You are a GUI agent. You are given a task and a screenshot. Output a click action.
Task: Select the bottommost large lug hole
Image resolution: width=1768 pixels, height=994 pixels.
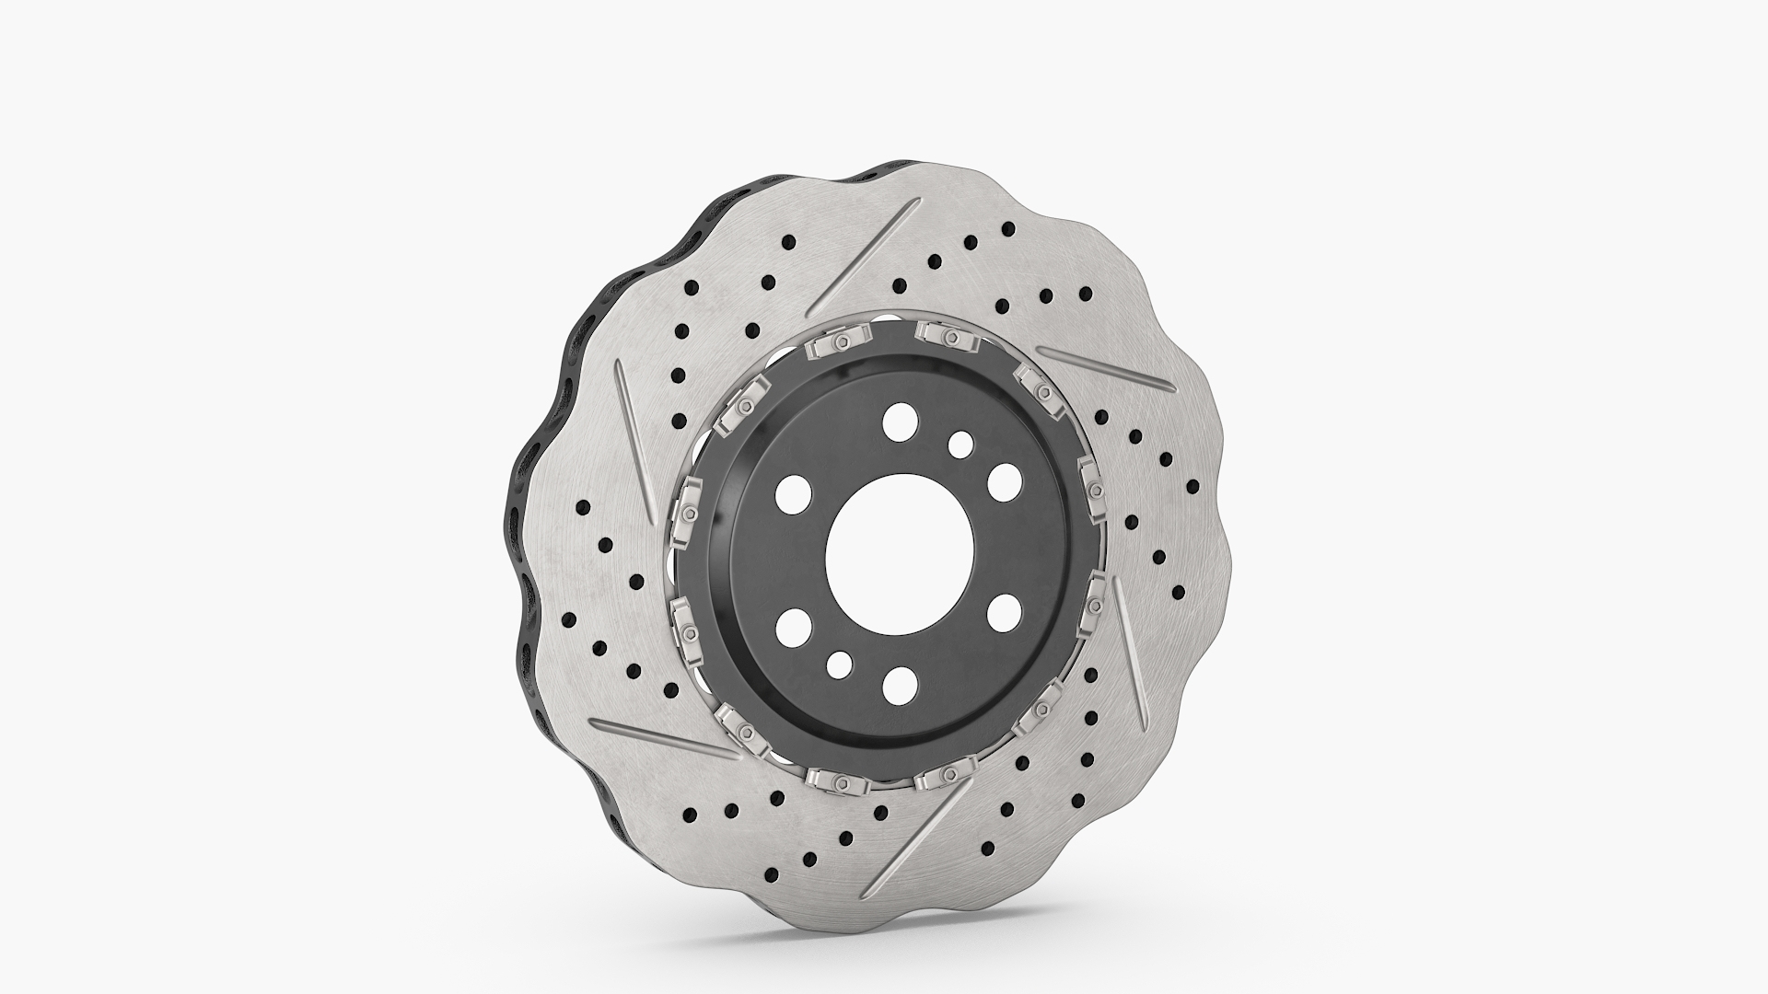tap(899, 685)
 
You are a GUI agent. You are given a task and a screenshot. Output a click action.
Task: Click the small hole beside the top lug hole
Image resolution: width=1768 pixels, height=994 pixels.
tap(960, 445)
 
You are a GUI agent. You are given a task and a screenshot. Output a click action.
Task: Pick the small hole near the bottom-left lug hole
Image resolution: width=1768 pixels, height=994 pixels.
tap(839, 664)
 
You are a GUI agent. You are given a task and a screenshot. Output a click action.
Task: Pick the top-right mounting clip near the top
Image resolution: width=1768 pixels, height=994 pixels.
tap(948, 336)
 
